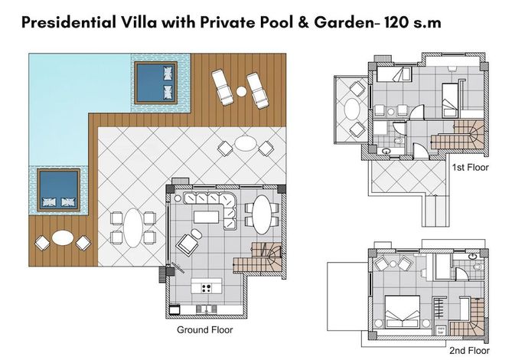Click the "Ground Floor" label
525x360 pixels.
coord(204,330)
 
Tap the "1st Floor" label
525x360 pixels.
coord(471,167)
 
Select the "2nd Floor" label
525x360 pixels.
coord(469,351)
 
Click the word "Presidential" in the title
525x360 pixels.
coord(69,22)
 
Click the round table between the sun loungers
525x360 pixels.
coord(241,91)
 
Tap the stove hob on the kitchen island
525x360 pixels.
coord(207,287)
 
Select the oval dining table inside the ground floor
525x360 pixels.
coord(262,214)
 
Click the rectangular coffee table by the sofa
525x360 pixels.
coord(207,217)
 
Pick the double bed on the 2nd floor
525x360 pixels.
coord(402,312)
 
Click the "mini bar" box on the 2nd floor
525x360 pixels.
coord(440,330)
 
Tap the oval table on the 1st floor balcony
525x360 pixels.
coord(352,109)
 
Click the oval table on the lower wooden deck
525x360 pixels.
coord(63,237)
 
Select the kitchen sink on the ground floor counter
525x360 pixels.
coord(206,309)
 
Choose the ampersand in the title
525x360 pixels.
coord(302,22)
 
